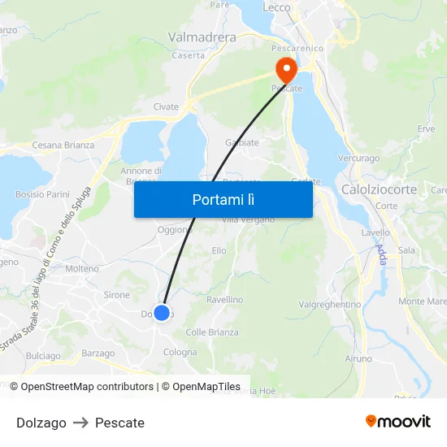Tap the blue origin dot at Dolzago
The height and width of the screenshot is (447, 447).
[162, 313]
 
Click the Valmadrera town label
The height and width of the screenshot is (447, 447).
[202, 37]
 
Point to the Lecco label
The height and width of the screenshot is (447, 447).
[277, 7]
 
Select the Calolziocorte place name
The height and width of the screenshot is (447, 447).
[380, 189]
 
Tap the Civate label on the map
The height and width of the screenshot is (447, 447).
[166, 106]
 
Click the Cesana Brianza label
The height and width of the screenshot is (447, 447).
[63, 145]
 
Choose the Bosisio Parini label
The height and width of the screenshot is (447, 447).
[42, 195]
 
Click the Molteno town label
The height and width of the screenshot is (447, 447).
[82, 268]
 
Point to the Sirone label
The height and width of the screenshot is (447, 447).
[117, 295]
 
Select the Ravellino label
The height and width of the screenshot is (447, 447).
[224, 300]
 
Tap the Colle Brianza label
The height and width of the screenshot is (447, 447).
[212, 332]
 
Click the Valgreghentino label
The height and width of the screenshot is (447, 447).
[330, 304]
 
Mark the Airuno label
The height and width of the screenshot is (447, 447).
[358, 358]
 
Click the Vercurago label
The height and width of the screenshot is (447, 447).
[358, 158]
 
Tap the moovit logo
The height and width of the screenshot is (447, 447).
[398, 422]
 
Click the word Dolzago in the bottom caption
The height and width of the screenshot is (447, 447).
[41, 423]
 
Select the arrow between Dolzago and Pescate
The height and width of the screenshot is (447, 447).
[80, 423]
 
